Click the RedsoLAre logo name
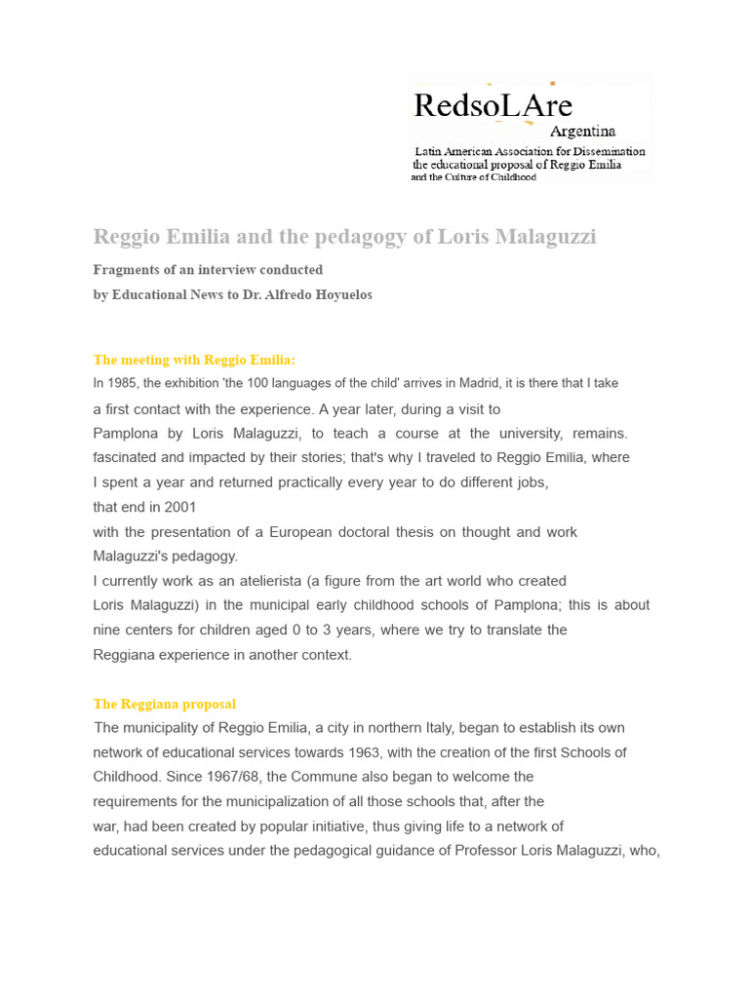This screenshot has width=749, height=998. [493, 105]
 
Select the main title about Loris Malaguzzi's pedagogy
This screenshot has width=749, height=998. [344, 237]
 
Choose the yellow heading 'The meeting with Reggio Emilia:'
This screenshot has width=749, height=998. [194, 360]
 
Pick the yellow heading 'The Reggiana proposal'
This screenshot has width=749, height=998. [164, 704]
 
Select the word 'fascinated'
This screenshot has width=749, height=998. [125, 457]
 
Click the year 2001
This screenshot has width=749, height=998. [180, 507]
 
